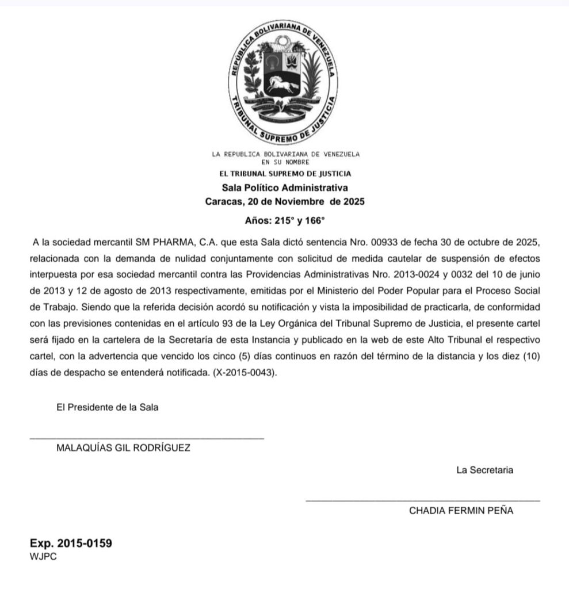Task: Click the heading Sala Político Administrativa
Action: click(x=285, y=188)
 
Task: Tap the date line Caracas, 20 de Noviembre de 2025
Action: click(x=285, y=202)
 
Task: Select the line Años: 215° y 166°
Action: click(x=285, y=220)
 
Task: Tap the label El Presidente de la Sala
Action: click(x=108, y=407)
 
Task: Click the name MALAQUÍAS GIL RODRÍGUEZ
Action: click(x=123, y=448)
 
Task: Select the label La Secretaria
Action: click(x=485, y=470)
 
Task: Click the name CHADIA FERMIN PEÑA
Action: click(x=461, y=510)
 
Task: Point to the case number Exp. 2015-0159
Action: click(x=71, y=543)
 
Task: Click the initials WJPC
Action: click(x=43, y=556)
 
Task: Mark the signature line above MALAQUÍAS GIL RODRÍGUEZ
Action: click(x=147, y=439)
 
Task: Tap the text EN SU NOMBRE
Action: click(x=285, y=162)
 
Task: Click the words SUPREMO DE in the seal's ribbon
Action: click(x=285, y=136)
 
